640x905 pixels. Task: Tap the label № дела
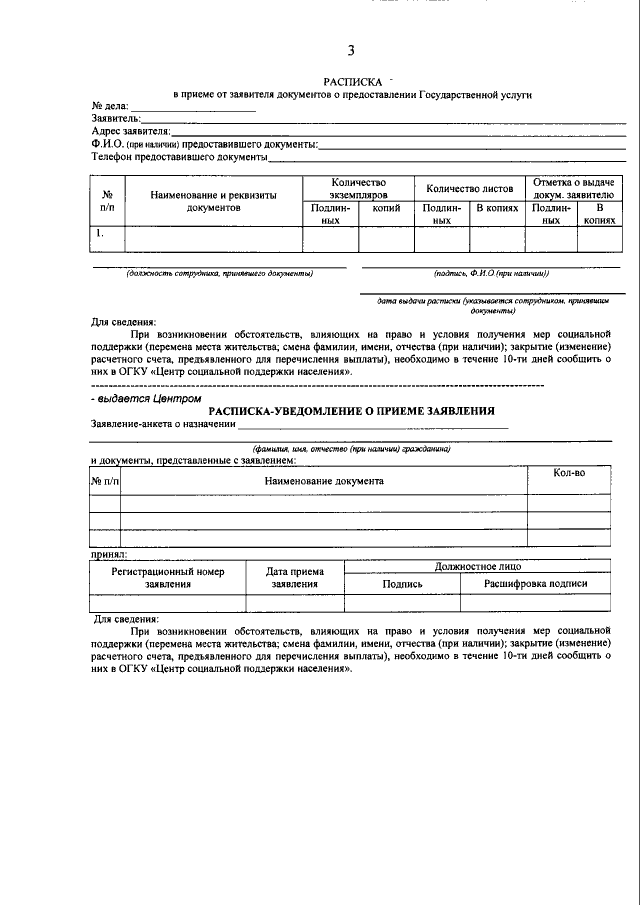(110, 106)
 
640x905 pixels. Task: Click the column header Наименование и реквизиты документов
(213, 201)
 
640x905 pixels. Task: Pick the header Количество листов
(470, 188)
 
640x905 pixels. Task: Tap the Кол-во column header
(568, 473)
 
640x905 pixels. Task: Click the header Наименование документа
(323, 481)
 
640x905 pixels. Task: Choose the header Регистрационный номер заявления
(167, 577)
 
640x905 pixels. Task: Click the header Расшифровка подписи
(535, 583)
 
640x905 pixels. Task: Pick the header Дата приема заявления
(295, 577)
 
